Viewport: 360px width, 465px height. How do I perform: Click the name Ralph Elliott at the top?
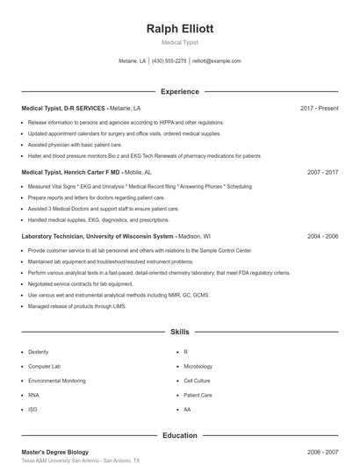click(179, 29)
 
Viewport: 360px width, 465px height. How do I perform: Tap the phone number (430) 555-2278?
click(169, 61)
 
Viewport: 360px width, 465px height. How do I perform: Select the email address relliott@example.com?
click(216, 61)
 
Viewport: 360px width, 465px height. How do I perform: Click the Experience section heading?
click(179, 91)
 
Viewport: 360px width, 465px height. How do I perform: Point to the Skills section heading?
click(179, 333)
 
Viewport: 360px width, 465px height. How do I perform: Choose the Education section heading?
click(179, 435)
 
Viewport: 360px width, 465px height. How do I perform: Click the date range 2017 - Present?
click(319, 108)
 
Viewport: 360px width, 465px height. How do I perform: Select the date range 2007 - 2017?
click(322, 173)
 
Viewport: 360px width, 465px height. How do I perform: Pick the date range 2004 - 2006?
click(322, 236)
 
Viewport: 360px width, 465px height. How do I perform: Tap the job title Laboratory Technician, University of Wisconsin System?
click(97, 236)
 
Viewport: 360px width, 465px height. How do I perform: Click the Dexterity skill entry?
click(39, 352)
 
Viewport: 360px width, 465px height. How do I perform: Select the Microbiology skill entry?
click(198, 366)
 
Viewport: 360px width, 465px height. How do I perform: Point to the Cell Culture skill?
click(197, 381)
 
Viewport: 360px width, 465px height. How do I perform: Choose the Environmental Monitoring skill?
click(57, 381)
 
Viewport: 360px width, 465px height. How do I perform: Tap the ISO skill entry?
click(32, 410)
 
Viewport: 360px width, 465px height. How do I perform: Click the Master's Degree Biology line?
click(54, 452)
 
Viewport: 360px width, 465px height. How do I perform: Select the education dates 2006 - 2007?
click(322, 452)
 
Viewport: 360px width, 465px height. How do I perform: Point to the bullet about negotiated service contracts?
click(81, 284)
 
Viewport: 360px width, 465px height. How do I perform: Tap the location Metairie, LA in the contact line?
click(133, 61)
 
